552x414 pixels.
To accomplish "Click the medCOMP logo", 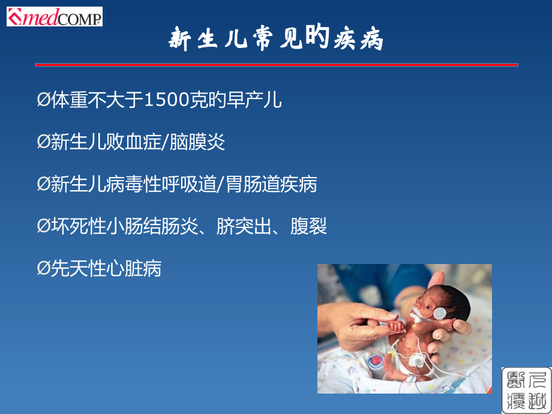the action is click(x=55, y=17).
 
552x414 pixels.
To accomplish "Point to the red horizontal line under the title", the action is click(x=277, y=65).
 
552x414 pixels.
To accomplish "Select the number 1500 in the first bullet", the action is click(x=166, y=100).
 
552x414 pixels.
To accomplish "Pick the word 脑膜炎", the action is click(x=197, y=142).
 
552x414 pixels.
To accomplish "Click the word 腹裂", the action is click(x=309, y=226).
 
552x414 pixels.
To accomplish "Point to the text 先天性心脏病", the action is click(x=106, y=268).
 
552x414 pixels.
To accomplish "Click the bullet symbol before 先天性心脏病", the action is click(x=44, y=268).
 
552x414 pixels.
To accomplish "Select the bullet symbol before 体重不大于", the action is click(x=44, y=100).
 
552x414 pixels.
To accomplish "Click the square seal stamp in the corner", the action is click(x=526, y=390).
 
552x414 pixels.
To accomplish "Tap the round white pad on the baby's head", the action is click(x=440, y=313).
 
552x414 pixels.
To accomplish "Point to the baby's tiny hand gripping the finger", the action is click(x=396, y=326).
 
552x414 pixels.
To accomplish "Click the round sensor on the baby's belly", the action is click(x=417, y=360).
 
